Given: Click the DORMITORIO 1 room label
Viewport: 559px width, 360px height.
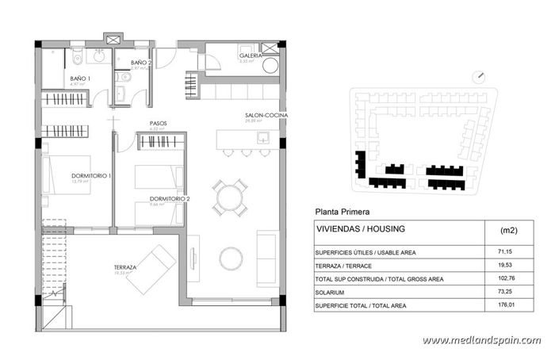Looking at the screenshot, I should [69, 175].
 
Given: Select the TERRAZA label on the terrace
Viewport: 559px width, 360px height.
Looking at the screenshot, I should [124, 268].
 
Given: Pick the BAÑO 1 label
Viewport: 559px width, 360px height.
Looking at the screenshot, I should [80, 79].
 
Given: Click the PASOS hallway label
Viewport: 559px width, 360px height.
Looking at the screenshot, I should [158, 123].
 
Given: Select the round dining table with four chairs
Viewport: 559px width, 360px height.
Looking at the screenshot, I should [229, 197].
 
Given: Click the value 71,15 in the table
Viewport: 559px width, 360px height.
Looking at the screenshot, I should [505, 252].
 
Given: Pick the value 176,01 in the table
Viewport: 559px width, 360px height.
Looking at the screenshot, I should [505, 305].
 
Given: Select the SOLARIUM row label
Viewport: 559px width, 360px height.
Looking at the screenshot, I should [336, 292].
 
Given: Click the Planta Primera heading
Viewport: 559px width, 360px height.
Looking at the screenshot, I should [342, 212].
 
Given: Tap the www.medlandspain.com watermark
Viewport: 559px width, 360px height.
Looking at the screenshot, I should [481, 340].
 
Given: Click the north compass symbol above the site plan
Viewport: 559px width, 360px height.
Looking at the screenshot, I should [478, 76].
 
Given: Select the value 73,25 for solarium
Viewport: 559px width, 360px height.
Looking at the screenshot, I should [505, 292].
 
